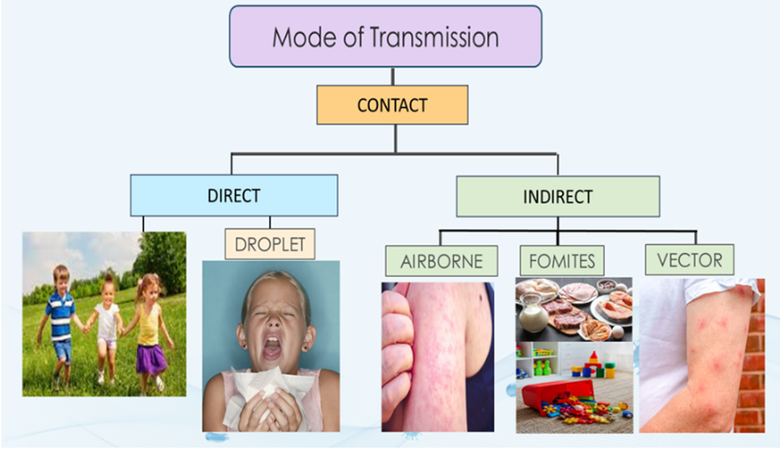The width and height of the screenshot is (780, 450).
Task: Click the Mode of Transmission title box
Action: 385,36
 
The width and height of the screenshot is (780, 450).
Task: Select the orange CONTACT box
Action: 392,105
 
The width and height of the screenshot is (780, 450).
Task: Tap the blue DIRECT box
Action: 234,195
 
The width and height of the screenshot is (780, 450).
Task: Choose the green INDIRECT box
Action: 557,197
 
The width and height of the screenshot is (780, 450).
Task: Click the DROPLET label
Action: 270,244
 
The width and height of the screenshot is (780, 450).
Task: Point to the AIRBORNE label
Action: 441,261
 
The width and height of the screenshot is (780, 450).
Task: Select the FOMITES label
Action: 561,261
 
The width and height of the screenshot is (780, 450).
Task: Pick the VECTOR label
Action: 689,260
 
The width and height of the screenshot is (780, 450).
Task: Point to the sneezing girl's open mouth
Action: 272,349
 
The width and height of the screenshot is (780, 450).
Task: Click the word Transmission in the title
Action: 434,37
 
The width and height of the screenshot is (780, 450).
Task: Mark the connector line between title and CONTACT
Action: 393,76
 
